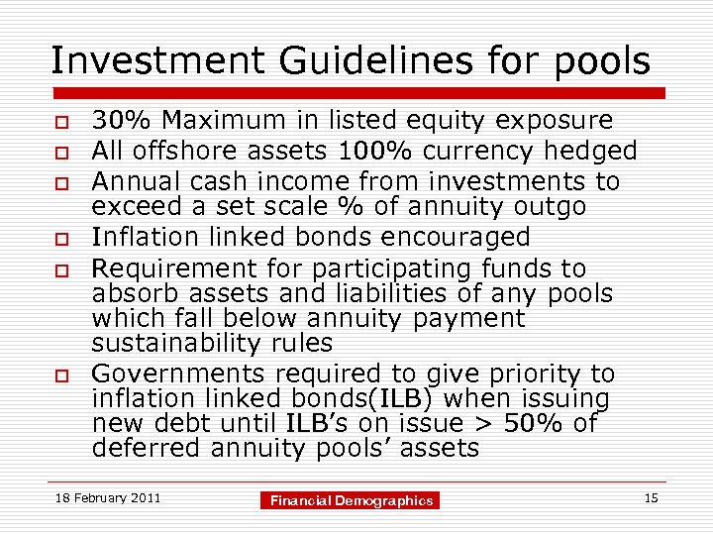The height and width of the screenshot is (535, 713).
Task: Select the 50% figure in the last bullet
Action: click(535, 424)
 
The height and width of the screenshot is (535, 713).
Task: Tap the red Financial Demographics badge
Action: click(353, 500)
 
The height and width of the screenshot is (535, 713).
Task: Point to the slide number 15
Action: click(651, 497)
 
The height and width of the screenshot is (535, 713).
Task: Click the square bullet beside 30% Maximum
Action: click(61, 122)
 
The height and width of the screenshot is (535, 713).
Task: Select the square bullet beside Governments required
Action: click(61, 375)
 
